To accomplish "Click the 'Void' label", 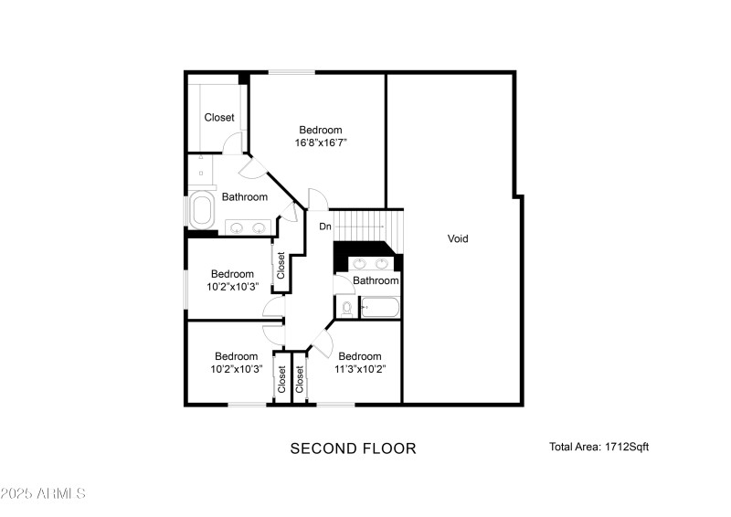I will tap(458, 238).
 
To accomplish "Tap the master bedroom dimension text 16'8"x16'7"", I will tap(321, 142).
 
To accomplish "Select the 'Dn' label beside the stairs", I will tap(324, 226).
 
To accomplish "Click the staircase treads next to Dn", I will tap(366, 222).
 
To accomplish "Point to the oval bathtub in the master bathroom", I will tap(200, 210).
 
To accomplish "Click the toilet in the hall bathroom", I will tap(346, 309).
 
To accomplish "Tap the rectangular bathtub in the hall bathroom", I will tap(380, 308).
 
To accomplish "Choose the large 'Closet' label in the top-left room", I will tap(218, 117).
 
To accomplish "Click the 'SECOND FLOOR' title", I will tap(353, 448).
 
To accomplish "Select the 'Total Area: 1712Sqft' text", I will tap(599, 447).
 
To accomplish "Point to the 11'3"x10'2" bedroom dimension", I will tap(359, 369).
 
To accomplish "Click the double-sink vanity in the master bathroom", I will tap(247, 227).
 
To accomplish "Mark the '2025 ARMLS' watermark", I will tap(43, 493).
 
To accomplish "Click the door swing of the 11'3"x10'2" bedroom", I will tap(323, 343).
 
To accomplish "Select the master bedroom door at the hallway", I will tap(315, 198).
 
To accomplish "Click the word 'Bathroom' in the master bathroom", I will tap(244, 196).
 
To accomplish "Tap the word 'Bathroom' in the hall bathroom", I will tap(376, 280).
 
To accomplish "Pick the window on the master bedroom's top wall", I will tap(291, 72).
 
